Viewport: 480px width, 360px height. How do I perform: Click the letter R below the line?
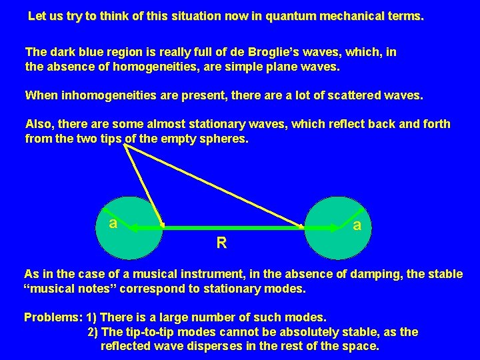(x=221, y=243)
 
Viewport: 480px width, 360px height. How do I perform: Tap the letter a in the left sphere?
(x=113, y=223)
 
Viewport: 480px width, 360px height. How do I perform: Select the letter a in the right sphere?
(x=358, y=225)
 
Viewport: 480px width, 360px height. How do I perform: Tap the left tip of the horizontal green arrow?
(x=128, y=228)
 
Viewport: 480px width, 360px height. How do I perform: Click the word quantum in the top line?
(x=295, y=17)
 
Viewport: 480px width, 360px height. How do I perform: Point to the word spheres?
(x=225, y=139)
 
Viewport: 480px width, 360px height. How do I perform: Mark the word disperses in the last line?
(x=249, y=347)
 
